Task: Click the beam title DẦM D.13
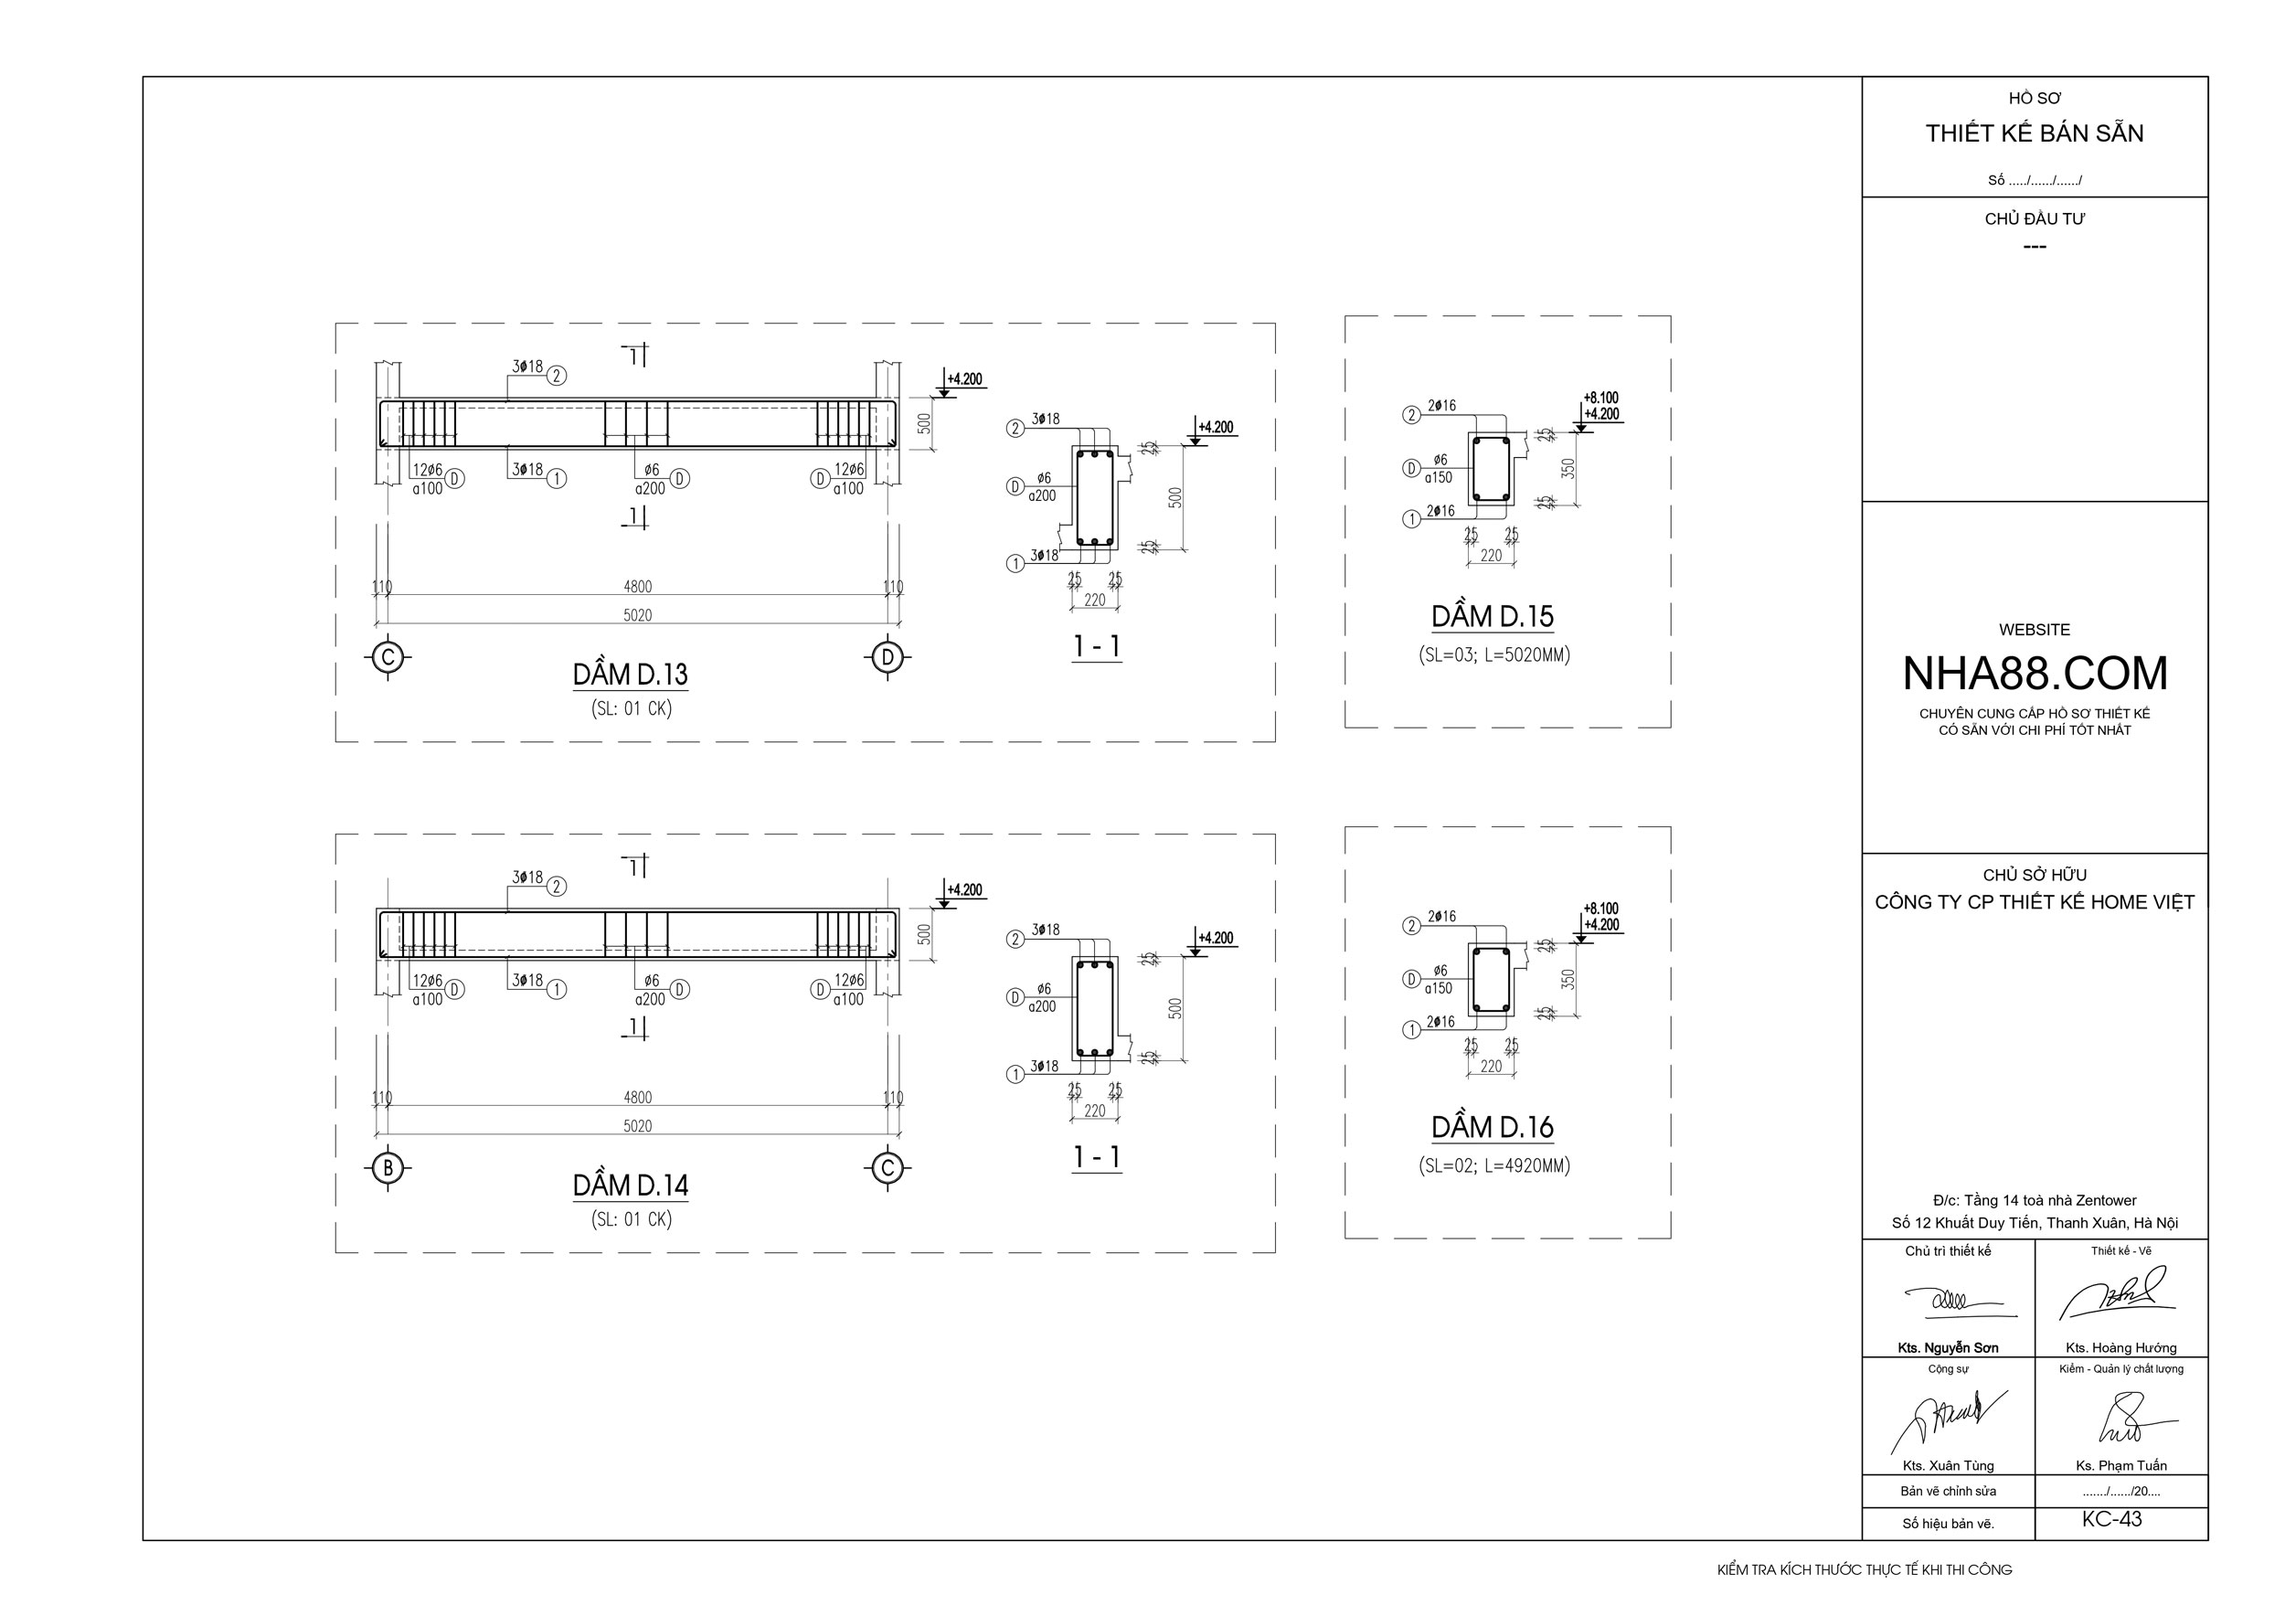pyautogui.click(x=630, y=675)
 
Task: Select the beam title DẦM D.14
pyautogui.click(x=630, y=1185)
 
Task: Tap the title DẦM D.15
pyautogui.click(x=1492, y=617)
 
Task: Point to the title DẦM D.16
pyautogui.click(x=1492, y=1127)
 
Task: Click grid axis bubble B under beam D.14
pyautogui.click(x=388, y=1167)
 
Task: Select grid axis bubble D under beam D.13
pyautogui.click(x=887, y=657)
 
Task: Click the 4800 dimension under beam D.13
pyautogui.click(x=638, y=587)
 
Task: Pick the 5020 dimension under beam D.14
pyautogui.click(x=638, y=1125)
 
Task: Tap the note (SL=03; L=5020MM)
pyautogui.click(x=1493, y=654)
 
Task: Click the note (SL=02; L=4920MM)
pyautogui.click(x=1493, y=1165)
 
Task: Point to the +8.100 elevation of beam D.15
pyautogui.click(x=1600, y=398)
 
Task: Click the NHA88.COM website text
pyautogui.click(x=2035, y=674)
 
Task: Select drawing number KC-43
pyautogui.click(x=2110, y=1519)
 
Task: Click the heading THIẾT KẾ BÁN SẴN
pyautogui.click(x=2035, y=133)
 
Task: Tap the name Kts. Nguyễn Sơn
pyautogui.click(x=1948, y=1348)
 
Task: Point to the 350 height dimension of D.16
pyautogui.click(x=1569, y=979)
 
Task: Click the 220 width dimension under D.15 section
pyautogui.click(x=1491, y=555)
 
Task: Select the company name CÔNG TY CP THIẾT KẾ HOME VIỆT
pyautogui.click(x=2035, y=902)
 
